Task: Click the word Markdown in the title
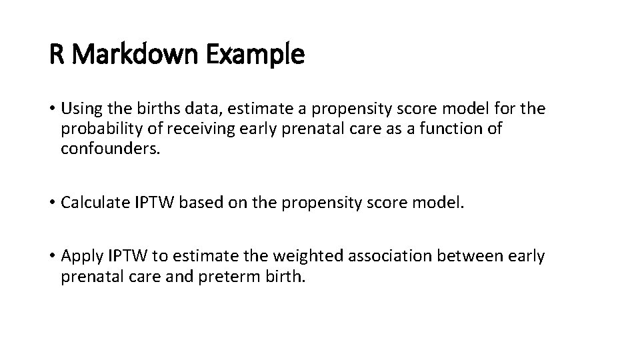(x=137, y=55)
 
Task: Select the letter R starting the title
(x=56, y=55)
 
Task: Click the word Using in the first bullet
(x=79, y=108)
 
